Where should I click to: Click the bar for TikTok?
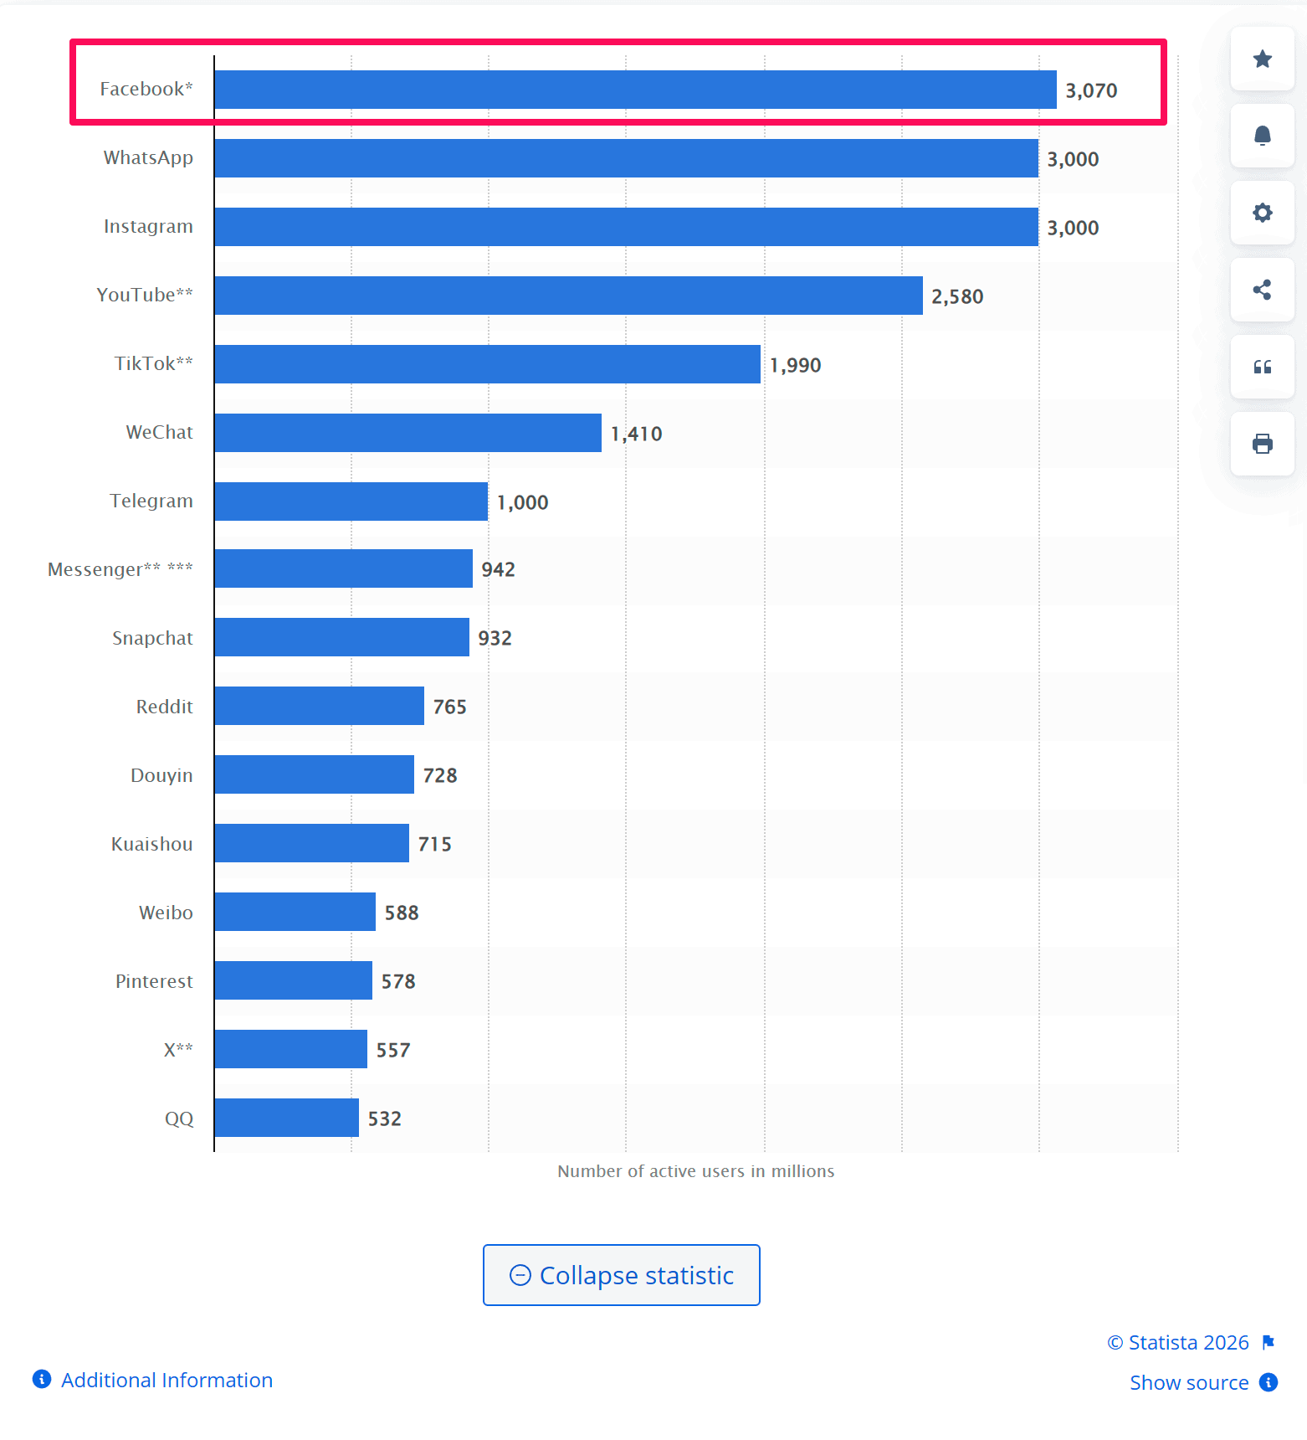click(x=487, y=364)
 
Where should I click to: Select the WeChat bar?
click(x=407, y=433)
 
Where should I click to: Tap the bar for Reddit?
click(x=319, y=706)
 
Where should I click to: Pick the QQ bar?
click(x=286, y=1118)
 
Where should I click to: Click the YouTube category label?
click(x=145, y=295)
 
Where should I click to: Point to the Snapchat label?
click(x=152, y=638)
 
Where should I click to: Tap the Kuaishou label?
click(x=151, y=844)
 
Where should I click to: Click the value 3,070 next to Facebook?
click(x=1091, y=90)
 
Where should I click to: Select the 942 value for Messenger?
click(x=498, y=569)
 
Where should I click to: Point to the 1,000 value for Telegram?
click(x=522, y=502)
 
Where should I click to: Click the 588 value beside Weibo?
click(x=402, y=913)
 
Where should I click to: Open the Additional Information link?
click(x=167, y=1380)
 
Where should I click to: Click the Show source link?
click(x=1189, y=1382)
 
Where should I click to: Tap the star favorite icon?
click(x=1262, y=59)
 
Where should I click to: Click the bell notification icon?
click(x=1262, y=136)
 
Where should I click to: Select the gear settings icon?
click(x=1262, y=213)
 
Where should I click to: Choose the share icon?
click(x=1262, y=290)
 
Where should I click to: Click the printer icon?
click(x=1262, y=444)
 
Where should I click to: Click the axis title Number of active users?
click(x=695, y=1171)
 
